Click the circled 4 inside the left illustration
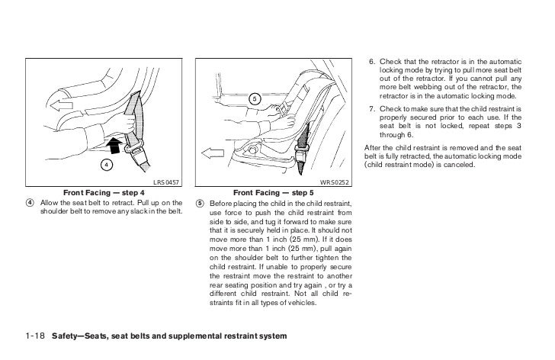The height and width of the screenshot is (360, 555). pyautogui.click(x=108, y=164)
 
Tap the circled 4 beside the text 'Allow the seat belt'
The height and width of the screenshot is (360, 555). pyautogui.click(x=29, y=202)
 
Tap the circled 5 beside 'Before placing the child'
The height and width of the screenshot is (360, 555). pyautogui.click(x=200, y=203)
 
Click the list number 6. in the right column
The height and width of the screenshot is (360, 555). pyautogui.click(x=373, y=60)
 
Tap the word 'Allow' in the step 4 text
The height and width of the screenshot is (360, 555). pyautogui.click(x=49, y=202)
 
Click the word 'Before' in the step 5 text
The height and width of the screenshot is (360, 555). pyautogui.click(x=221, y=203)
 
